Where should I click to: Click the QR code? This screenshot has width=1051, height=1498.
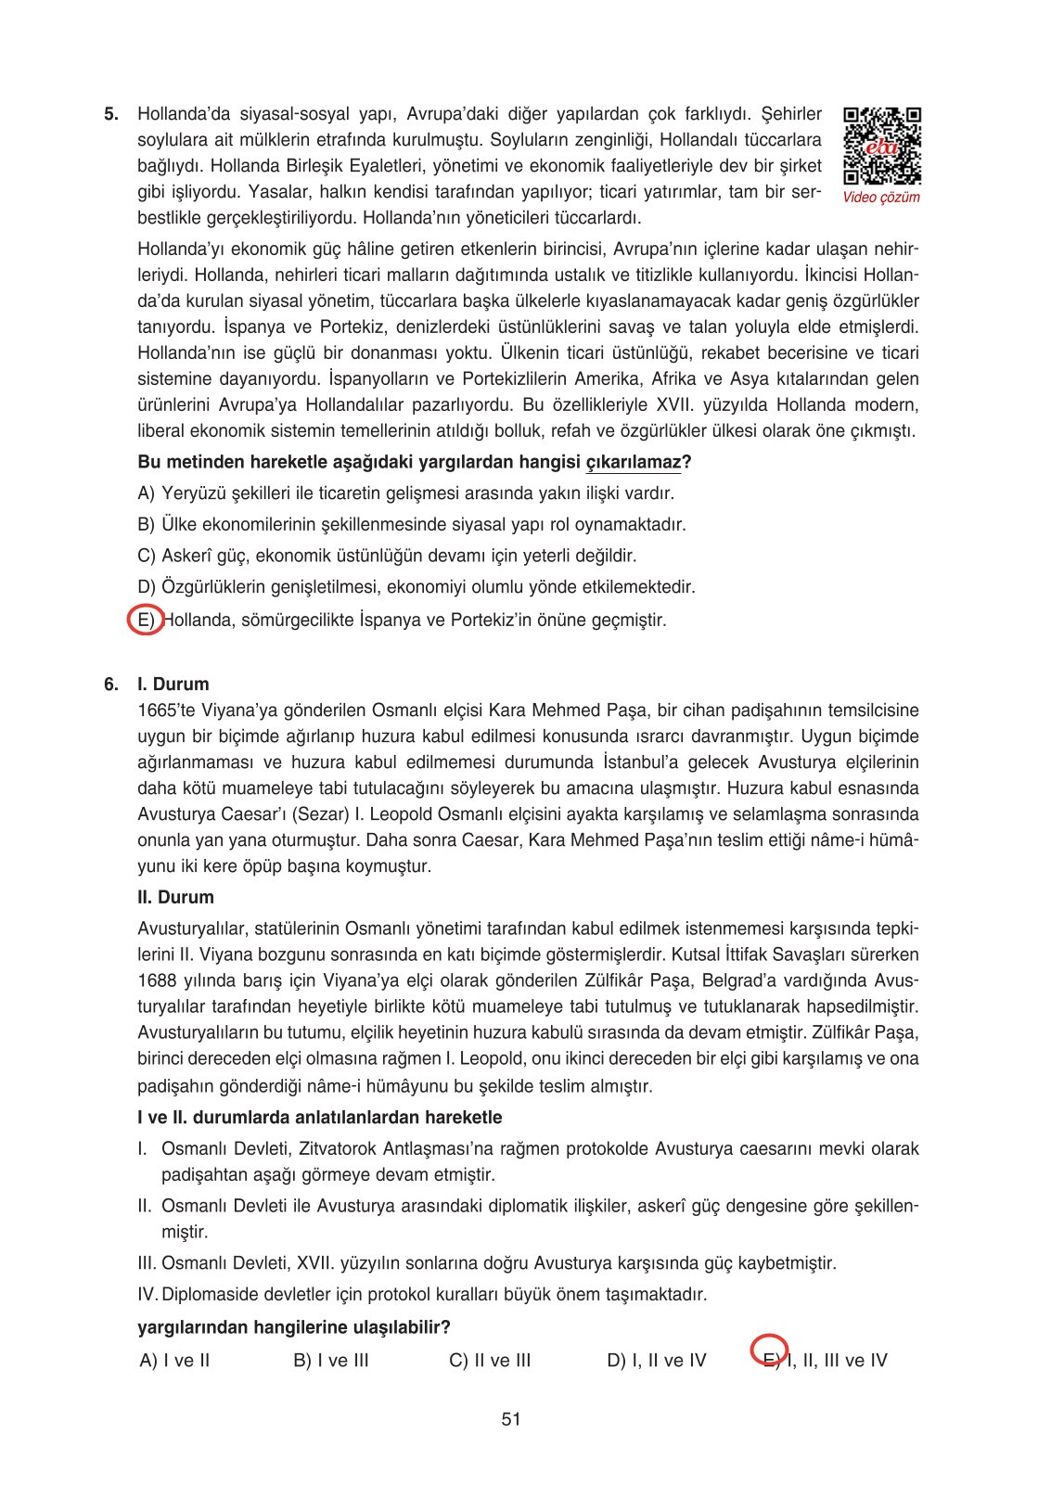[882, 146]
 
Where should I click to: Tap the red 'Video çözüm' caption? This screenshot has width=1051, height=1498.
[881, 198]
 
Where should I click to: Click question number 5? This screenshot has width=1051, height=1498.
[111, 115]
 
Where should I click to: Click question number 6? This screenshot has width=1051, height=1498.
[111, 685]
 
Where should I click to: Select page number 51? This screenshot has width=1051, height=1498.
[511, 1419]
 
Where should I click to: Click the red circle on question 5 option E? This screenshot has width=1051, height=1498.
[146, 619]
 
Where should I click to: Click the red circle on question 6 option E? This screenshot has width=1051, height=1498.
[769, 1350]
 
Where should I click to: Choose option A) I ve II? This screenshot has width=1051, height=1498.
[175, 1361]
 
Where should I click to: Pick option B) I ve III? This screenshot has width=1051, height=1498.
[331, 1361]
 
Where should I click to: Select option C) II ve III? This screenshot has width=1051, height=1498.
[490, 1361]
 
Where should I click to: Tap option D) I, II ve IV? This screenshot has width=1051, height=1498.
[657, 1361]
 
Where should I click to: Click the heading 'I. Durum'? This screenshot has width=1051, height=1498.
[173, 685]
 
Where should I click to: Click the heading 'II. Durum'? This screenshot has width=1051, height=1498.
[176, 898]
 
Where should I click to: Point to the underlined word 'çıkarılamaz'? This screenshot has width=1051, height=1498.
[634, 462]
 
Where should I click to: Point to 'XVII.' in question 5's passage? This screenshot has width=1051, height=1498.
[674, 405]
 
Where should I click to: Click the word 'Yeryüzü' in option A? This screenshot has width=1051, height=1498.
[194, 493]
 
